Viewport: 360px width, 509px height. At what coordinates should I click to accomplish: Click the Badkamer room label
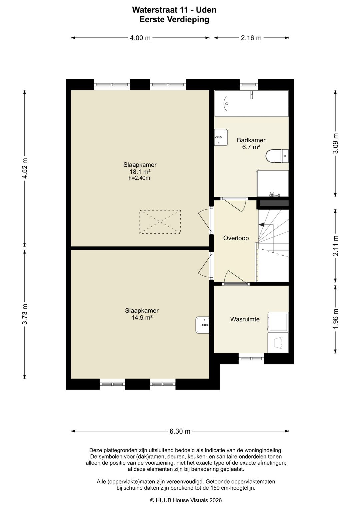[x=251, y=140]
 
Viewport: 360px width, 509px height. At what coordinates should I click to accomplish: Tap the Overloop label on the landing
[x=236, y=238]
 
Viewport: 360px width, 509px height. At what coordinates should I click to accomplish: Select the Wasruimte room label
[x=245, y=319]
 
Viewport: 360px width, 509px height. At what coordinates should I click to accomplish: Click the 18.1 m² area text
[x=140, y=171]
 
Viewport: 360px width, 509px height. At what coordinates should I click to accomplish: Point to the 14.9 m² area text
[x=142, y=317]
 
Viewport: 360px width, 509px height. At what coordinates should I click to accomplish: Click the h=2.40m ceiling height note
[x=139, y=178]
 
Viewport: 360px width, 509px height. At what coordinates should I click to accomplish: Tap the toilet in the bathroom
[x=277, y=156]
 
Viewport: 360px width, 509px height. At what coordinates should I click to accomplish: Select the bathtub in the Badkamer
[x=251, y=104]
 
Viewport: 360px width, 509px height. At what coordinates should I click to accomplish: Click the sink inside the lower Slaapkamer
[x=202, y=325]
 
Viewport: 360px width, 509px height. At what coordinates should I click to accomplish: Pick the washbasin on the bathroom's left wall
[x=221, y=137]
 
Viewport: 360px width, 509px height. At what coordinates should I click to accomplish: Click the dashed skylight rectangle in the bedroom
[x=160, y=222]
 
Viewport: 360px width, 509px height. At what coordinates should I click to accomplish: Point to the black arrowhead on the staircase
[x=261, y=225]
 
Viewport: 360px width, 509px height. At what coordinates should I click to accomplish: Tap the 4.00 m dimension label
[x=140, y=38]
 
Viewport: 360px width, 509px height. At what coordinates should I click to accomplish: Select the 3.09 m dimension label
[x=335, y=143]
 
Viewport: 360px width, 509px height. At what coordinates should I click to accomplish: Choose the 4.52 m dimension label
[x=25, y=168]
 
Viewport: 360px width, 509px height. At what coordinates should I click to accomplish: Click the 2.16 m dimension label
[x=251, y=38]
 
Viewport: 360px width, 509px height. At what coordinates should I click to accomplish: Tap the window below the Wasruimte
[x=251, y=359]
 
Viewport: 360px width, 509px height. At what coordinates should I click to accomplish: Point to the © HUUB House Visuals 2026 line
[x=186, y=500]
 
